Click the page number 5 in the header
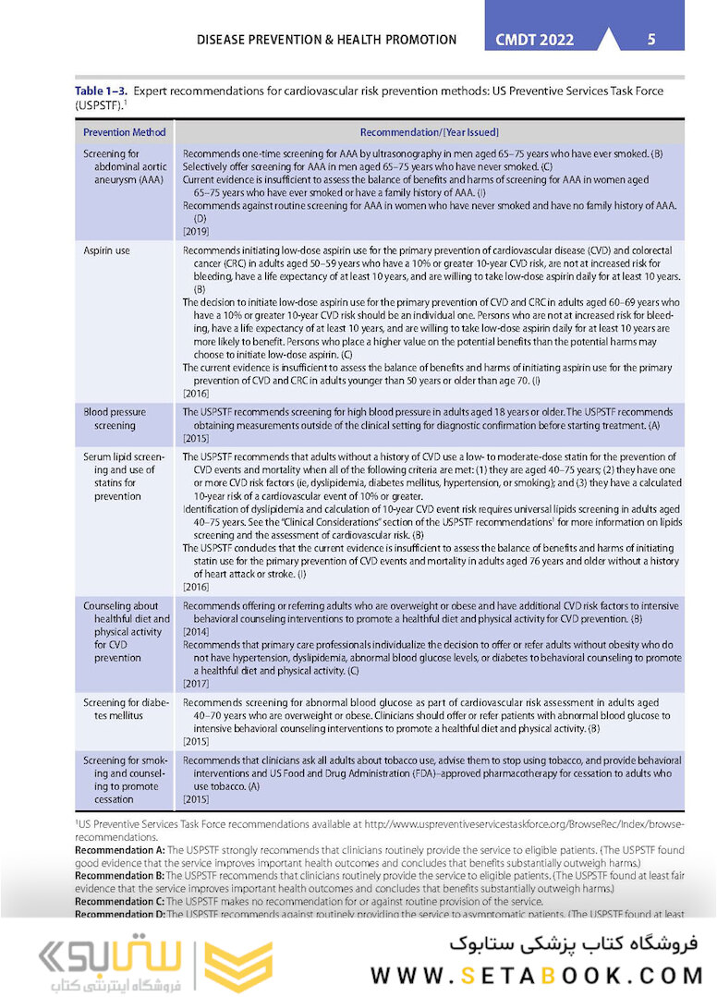point(651,40)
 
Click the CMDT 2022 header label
point(535,40)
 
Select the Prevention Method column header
point(125,132)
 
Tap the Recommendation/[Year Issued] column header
point(430,132)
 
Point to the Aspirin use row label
point(106,250)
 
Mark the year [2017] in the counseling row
point(196,684)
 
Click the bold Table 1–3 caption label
point(101,91)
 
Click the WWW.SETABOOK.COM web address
point(538,975)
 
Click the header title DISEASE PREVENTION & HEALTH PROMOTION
point(327,40)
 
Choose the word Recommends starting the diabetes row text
point(209,703)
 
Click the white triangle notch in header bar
point(609,41)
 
